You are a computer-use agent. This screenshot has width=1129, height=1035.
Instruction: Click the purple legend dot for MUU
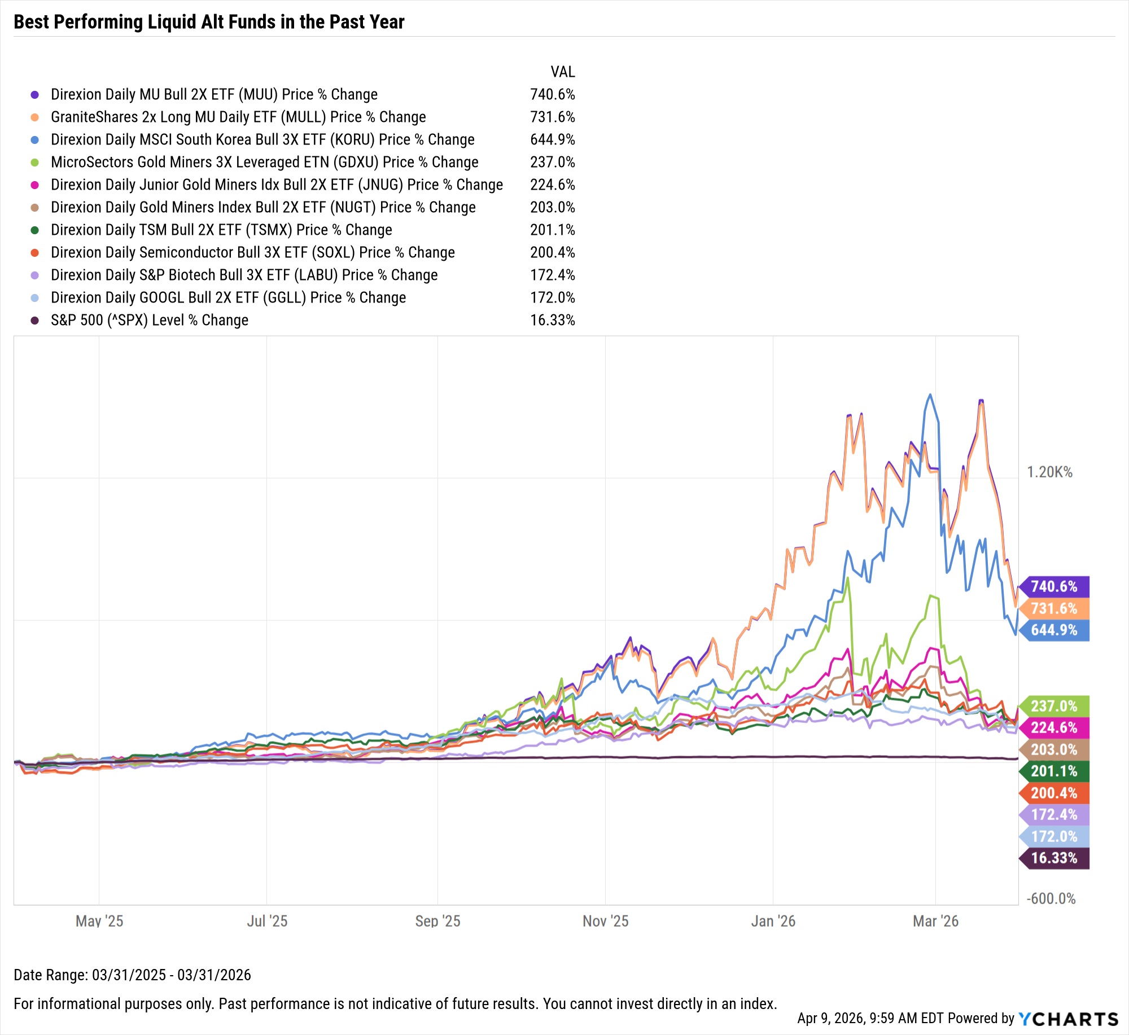(x=35, y=95)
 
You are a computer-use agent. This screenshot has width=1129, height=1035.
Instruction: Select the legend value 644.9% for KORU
(x=552, y=139)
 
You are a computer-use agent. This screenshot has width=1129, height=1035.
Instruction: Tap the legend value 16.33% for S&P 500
(x=552, y=320)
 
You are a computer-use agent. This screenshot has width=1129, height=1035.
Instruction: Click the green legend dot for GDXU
(x=35, y=163)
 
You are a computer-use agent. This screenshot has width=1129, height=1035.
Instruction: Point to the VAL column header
(x=562, y=72)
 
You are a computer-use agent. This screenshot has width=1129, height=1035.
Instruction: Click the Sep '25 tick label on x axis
(x=437, y=921)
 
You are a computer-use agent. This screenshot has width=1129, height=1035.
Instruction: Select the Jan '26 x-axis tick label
(x=773, y=921)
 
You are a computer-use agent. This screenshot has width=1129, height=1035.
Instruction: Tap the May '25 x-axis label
(x=99, y=921)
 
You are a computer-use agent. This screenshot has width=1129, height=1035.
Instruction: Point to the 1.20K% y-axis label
(x=1049, y=472)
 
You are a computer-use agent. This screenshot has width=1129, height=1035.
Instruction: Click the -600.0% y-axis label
(x=1051, y=898)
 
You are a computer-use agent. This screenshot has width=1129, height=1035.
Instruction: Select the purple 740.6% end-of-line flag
(x=1054, y=586)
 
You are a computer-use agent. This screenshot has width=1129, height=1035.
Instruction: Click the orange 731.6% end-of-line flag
(x=1054, y=608)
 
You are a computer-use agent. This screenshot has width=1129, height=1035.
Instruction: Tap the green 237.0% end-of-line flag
(x=1054, y=706)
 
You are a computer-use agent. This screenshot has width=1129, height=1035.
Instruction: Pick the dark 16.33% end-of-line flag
(x=1054, y=858)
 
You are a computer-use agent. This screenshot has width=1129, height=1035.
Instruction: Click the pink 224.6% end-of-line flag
(x=1054, y=727)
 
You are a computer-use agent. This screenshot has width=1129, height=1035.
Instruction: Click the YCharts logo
(x=1068, y=1019)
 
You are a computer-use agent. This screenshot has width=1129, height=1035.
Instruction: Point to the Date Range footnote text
(x=132, y=975)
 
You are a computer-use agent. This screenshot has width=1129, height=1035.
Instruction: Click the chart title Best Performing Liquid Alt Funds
(x=209, y=22)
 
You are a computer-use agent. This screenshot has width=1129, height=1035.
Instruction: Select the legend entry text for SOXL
(x=252, y=252)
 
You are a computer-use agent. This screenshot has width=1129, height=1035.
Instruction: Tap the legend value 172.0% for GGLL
(x=552, y=297)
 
